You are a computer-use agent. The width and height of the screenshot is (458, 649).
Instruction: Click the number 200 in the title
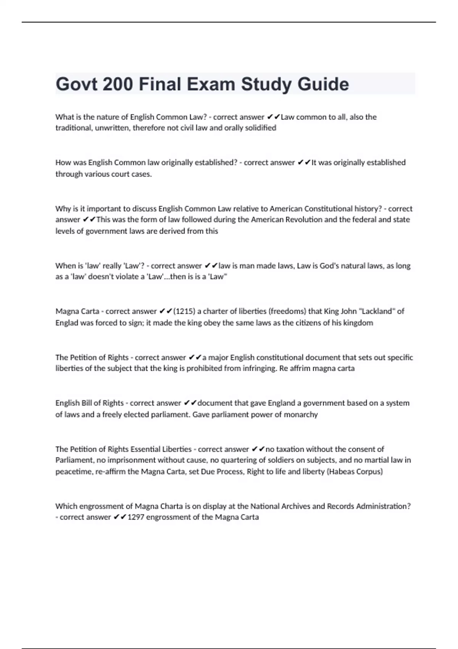click(118, 84)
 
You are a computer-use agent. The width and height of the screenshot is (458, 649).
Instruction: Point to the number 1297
click(135, 517)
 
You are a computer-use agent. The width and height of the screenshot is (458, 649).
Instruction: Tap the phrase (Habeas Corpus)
click(355, 471)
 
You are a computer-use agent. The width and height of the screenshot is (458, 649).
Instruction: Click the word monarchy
click(300, 414)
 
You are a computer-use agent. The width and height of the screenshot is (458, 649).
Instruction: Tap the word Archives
click(295, 506)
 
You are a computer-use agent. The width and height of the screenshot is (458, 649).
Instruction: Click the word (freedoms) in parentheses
click(288, 311)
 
